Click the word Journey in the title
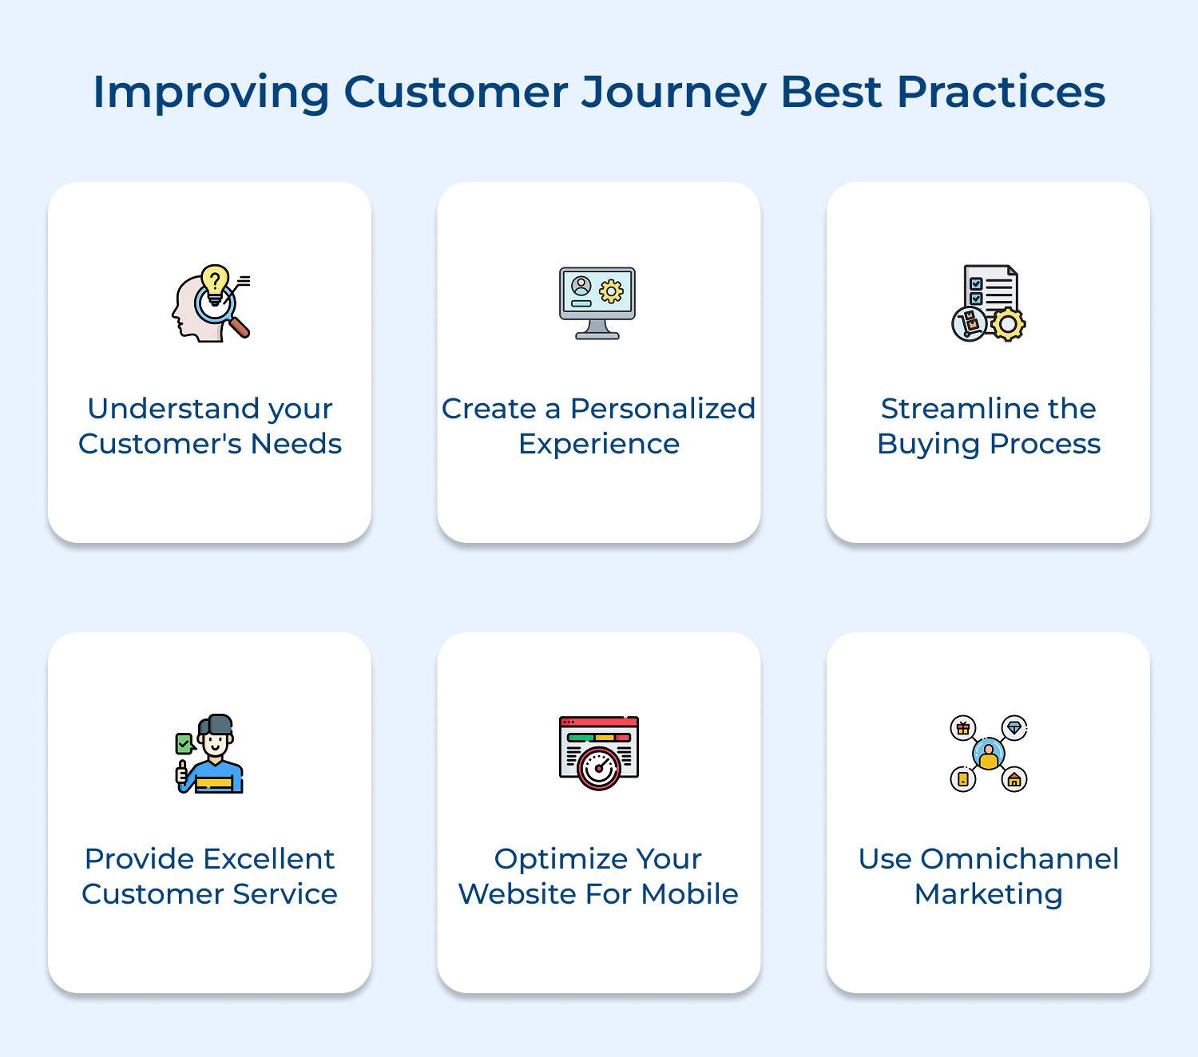click(x=673, y=93)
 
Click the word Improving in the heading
click(x=211, y=93)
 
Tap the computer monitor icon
click(x=597, y=303)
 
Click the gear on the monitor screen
click(x=612, y=291)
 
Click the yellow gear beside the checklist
click(x=1009, y=324)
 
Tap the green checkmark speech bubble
click(x=184, y=744)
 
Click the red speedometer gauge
click(x=598, y=769)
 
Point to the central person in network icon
click(x=989, y=754)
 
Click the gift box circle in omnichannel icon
click(x=963, y=728)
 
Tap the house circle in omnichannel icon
click(x=1014, y=779)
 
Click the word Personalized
click(x=662, y=409)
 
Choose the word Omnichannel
click(x=1019, y=859)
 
